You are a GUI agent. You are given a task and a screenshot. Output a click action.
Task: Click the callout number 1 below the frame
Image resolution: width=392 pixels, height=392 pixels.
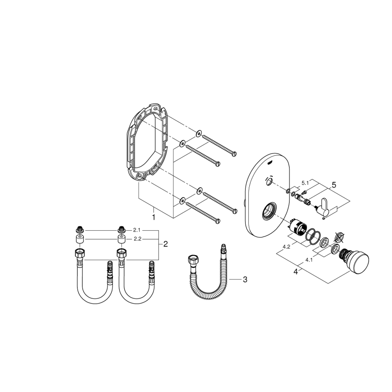(x=154, y=217)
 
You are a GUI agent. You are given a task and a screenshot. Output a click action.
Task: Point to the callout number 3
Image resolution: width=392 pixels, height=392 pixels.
(x=245, y=280)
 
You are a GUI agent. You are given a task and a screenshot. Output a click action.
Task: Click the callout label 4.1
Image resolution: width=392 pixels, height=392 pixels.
(x=310, y=260)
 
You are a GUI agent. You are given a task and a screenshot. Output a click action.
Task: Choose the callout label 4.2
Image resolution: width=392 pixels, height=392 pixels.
(x=286, y=247)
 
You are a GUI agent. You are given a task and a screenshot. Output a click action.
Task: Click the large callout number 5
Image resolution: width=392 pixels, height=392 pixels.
(x=334, y=185)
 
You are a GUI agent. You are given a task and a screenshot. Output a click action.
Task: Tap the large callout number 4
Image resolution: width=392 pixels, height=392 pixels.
(x=296, y=272)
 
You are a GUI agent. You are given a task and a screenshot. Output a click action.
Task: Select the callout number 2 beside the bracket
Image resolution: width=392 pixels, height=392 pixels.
(x=166, y=244)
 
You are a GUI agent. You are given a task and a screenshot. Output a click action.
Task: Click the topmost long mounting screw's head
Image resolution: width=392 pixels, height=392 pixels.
(x=234, y=153)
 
